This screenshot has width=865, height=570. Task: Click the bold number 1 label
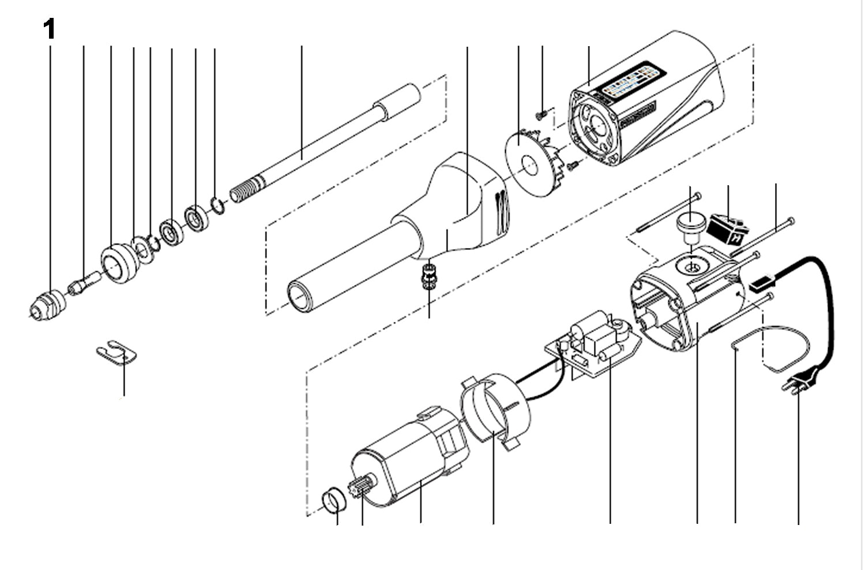pos(50,29)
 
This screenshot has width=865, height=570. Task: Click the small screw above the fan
pos(541,115)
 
